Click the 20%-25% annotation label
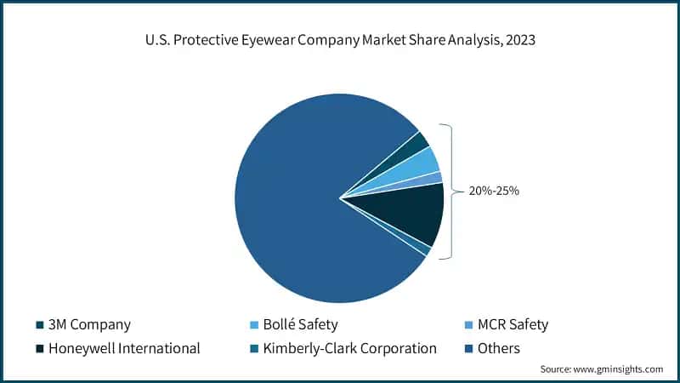tap(494, 191)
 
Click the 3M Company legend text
tap(90, 324)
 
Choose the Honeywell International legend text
tap(124, 348)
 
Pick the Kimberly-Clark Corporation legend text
tap(349, 348)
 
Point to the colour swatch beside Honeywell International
tap(40, 348)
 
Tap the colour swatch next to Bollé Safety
tap(252, 324)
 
